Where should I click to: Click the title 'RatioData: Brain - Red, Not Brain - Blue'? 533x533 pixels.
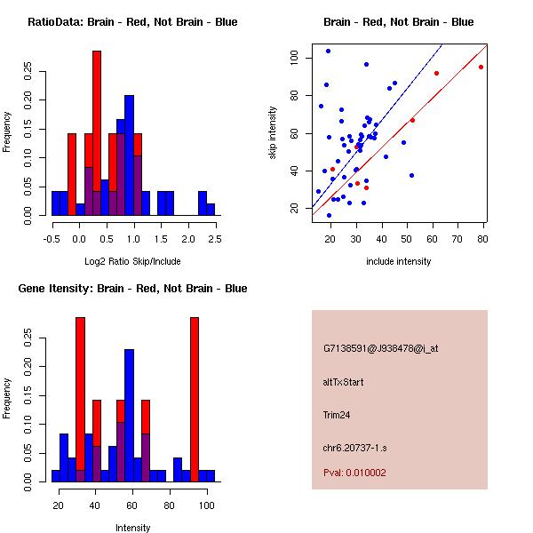coord(132,22)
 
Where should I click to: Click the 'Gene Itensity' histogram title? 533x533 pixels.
coord(132,289)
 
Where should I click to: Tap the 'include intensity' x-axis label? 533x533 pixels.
coord(399,261)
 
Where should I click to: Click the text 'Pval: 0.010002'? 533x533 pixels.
coord(354,473)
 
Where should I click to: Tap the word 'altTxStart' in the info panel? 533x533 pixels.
coord(344,382)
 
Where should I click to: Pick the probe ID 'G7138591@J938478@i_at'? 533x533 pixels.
coord(381,348)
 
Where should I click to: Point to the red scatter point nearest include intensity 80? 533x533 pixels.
coord(481,67)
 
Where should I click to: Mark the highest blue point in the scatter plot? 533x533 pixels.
coord(328,51)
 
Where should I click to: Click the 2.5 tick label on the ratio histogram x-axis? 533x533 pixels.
coord(214,239)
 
